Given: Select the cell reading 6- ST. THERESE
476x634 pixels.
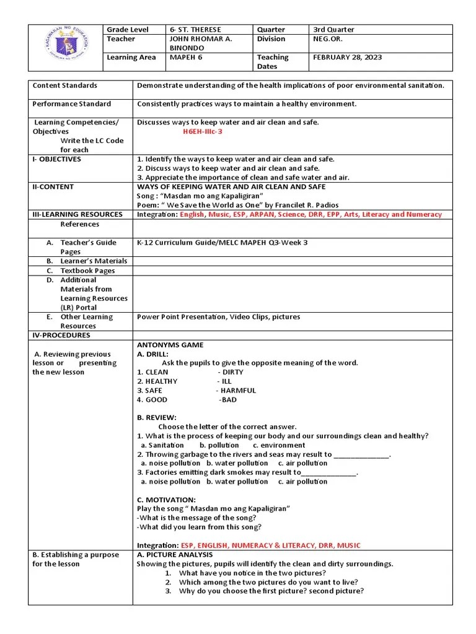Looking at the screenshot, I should [195, 30].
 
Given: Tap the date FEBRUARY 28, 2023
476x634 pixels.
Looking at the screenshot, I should [348, 58].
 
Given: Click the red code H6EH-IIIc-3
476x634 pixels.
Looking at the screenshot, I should [202, 132].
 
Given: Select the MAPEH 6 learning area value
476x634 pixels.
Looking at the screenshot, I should [186, 58].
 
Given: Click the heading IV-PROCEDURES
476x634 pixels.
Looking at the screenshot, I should [61, 336].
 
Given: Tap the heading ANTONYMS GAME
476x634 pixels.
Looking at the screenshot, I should [170, 345].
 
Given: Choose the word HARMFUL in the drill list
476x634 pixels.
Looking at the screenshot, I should [238, 391].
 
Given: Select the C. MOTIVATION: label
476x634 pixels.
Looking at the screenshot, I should [166, 500].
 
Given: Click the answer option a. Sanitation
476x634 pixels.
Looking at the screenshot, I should [162, 445].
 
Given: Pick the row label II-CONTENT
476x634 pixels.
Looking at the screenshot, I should [53, 187].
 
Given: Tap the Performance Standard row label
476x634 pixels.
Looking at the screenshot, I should [71, 104].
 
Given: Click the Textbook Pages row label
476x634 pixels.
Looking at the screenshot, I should [87, 271].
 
